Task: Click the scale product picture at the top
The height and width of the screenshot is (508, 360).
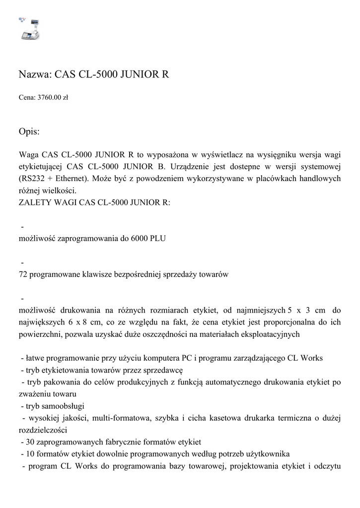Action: pyautogui.click(x=29, y=29)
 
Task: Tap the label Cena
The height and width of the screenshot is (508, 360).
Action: pyautogui.click(x=27, y=98)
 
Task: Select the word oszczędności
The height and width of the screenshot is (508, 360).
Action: pyautogui.click(x=166, y=334)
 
